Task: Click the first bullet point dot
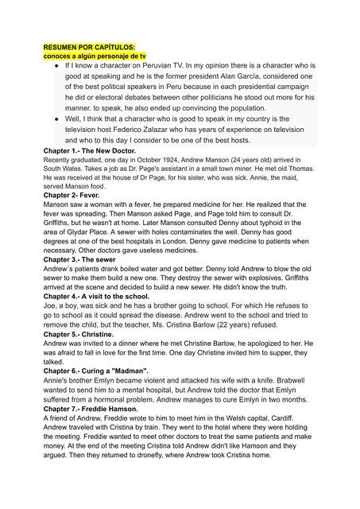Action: (x=50, y=67)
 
